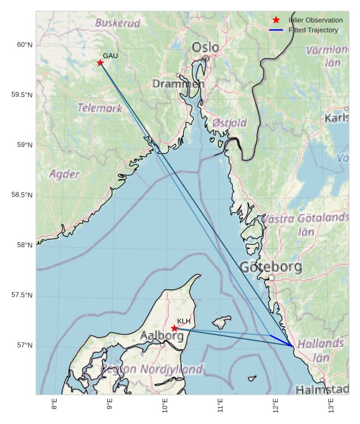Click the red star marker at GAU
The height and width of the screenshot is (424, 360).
(x=100, y=63)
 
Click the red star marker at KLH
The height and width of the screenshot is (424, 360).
(x=174, y=328)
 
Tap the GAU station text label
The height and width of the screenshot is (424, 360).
(x=110, y=56)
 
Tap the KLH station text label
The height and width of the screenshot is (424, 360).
(x=183, y=321)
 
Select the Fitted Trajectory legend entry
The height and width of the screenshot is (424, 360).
(x=313, y=30)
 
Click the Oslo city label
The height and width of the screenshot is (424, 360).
(x=205, y=47)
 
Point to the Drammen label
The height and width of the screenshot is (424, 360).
(x=178, y=83)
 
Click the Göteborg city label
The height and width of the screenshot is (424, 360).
(x=271, y=268)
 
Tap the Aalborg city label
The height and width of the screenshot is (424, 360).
(x=161, y=336)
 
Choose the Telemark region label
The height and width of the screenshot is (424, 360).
(x=100, y=108)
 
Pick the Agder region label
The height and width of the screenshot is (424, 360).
(x=64, y=174)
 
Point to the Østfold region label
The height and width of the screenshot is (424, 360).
(x=229, y=123)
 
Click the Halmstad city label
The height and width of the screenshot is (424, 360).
(x=321, y=390)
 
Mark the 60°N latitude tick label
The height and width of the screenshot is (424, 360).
(x=24, y=45)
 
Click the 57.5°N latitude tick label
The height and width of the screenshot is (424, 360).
(x=22, y=295)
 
